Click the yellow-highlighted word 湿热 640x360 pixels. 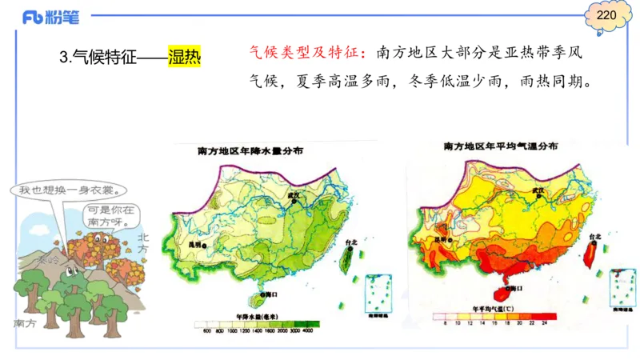click(x=184, y=58)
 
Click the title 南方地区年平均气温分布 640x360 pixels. click(x=502, y=147)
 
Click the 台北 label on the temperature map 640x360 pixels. click(x=594, y=238)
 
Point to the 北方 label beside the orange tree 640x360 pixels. click(x=143, y=243)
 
